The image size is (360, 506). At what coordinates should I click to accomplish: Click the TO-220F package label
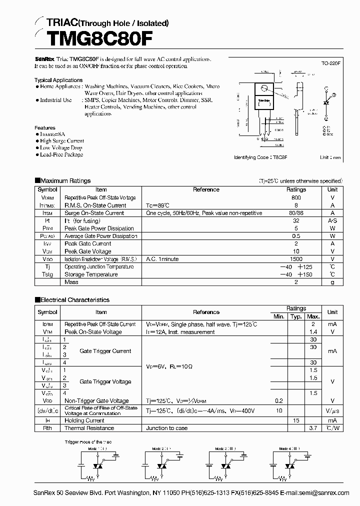330,64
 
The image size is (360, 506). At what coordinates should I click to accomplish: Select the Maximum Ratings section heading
65,180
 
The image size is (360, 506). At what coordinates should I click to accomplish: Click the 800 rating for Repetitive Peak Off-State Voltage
296,197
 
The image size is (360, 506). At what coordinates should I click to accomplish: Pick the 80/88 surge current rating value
296,213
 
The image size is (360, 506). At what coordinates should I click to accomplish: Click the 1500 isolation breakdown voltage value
296,259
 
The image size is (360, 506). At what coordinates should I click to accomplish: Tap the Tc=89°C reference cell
157,205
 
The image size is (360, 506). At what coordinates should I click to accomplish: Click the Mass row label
71,282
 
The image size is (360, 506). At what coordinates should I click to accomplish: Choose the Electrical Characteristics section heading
74,300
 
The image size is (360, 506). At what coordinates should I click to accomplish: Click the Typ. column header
296,316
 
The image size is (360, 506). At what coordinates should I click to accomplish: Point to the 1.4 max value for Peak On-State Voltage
313,332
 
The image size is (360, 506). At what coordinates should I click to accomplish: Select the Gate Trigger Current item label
105,351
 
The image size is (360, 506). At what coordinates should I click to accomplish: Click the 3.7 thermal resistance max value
313,428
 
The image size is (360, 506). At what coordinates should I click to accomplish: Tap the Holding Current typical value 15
296,420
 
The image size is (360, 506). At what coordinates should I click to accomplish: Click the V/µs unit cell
332,410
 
